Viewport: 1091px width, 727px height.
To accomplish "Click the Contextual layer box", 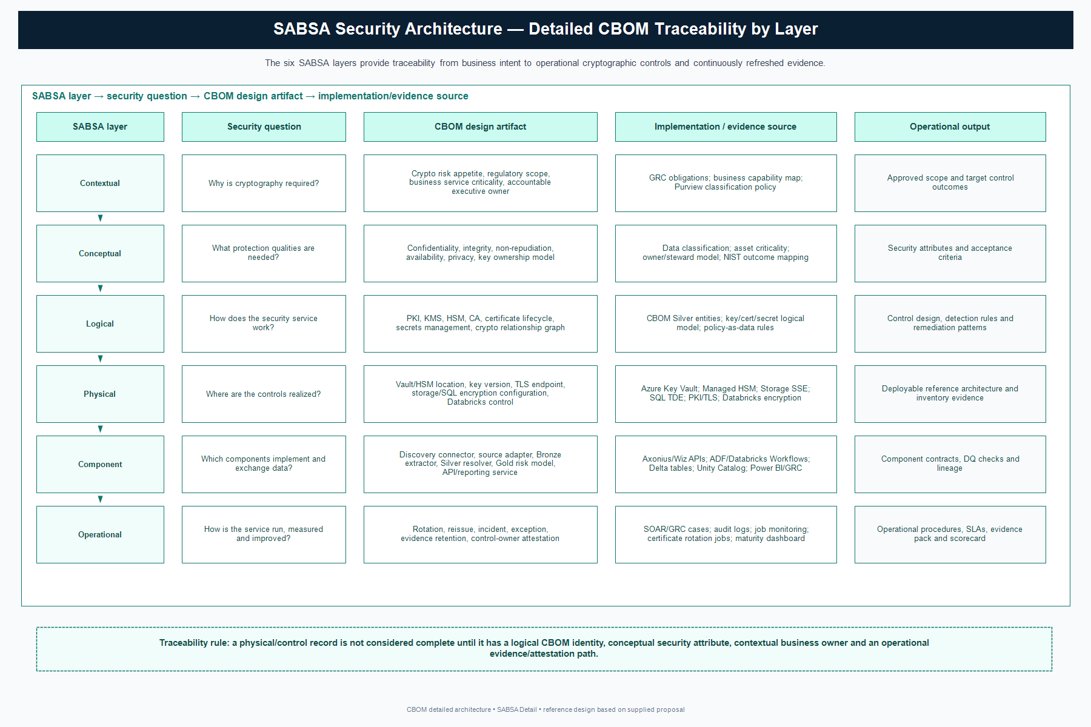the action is (x=100, y=183).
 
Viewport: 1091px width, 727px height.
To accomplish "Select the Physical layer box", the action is (x=100, y=394).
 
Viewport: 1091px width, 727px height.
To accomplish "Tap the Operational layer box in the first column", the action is (x=100, y=534).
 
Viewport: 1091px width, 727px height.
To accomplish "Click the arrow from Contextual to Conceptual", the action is (x=101, y=218).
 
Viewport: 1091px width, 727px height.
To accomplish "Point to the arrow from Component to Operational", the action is (x=101, y=499).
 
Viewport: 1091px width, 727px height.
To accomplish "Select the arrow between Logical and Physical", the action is (x=101, y=359).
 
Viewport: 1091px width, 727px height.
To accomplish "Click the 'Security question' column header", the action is (x=264, y=127).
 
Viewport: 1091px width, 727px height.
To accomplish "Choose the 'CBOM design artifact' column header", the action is (x=480, y=127).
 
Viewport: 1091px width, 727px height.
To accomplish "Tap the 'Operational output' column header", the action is (x=950, y=127).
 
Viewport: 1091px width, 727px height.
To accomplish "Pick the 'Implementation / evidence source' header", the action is (x=726, y=127).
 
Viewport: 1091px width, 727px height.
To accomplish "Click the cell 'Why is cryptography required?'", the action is (x=264, y=183).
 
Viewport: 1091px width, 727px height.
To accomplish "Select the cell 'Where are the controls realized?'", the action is (x=264, y=394).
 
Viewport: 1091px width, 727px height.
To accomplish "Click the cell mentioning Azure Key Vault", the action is (x=726, y=394).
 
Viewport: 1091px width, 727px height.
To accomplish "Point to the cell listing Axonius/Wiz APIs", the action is (x=726, y=464).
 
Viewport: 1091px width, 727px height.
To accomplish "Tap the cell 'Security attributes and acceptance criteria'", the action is (x=950, y=253).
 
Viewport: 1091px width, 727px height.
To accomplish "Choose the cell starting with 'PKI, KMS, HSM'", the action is (x=480, y=324).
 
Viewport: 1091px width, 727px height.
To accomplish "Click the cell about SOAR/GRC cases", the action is (x=726, y=534).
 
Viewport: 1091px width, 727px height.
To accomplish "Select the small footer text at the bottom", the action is (x=545, y=709).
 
